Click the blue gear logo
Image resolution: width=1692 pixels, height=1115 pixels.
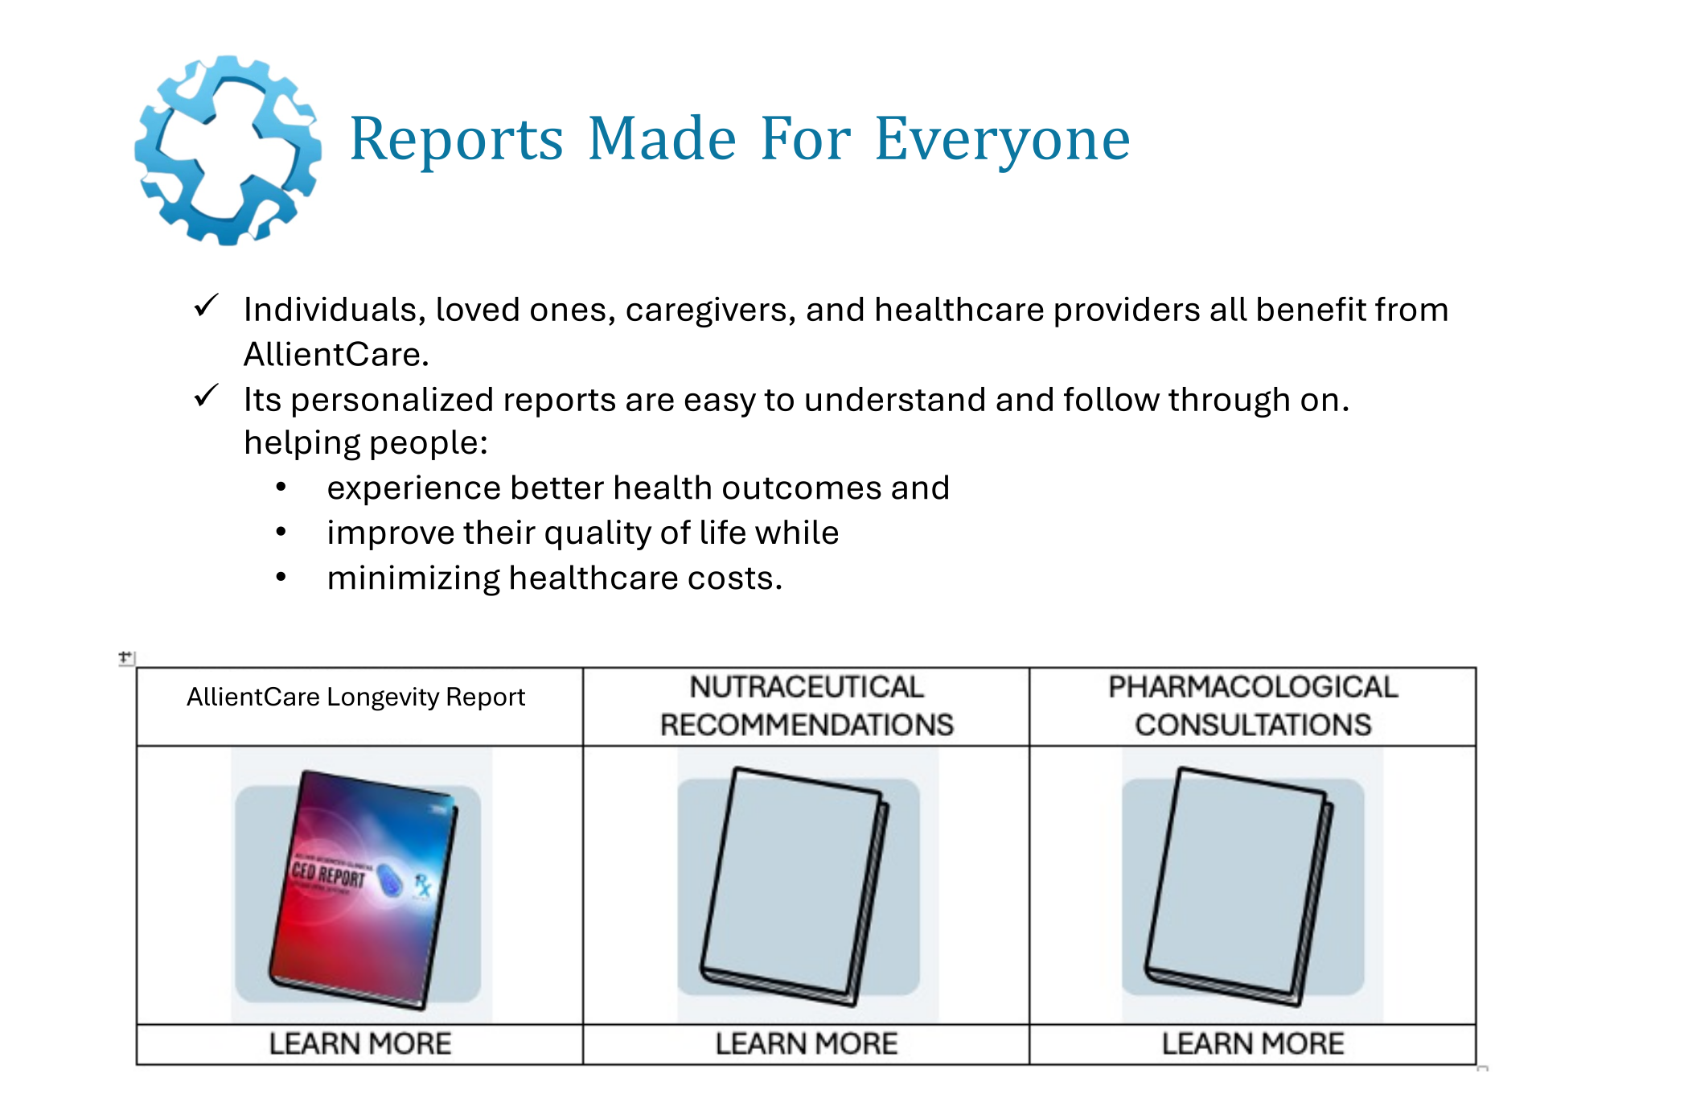coord(228,150)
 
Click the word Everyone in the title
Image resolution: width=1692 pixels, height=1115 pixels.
coord(1002,138)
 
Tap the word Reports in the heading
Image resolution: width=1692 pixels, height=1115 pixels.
coord(456,138)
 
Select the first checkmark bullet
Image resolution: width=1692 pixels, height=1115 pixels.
coord(207,306)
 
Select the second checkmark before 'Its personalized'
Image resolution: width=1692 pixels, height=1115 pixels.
coord(207,396)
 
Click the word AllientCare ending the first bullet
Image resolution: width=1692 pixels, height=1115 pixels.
coord(335,355)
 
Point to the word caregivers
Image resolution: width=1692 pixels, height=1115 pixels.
coord(711,310)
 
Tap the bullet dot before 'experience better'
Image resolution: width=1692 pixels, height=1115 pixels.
coord(281,488)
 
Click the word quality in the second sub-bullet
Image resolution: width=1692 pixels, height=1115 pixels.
coord(588,533)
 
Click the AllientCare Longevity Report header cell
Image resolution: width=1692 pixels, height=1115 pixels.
coord(355,697)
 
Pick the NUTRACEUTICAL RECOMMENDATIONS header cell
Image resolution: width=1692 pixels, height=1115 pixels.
coord(806,706)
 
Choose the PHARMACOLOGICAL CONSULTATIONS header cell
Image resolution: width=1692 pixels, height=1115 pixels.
coord(1252,706)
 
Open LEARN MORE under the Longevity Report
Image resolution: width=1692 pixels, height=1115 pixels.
coord(359,1044)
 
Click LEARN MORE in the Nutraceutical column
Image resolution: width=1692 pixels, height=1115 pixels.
coord(806,1044)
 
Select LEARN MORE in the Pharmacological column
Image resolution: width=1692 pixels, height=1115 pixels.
coord(1252,1044)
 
